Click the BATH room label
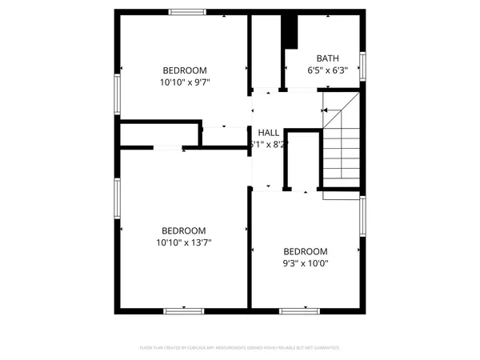[x=327, y=58]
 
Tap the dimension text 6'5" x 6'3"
[x=327, y=70]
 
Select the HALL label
[x=269, y=133]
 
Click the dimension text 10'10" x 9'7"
[x=185, y=81]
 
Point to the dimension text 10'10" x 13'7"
[x=184, y=242]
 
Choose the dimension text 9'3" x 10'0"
[x=306, y=262]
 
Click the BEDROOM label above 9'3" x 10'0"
[x=306, y=250]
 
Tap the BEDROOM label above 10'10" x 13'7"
[x=184, y=230]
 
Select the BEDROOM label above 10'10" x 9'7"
[x=185, y=69]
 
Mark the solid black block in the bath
[x=290, y=31]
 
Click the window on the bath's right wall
[x=362, y=66]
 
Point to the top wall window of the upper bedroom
[x=187, y=12]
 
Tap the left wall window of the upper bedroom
[x=118, y=94]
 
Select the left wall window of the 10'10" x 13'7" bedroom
[x=118, y=198]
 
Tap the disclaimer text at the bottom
[x=239, y=348]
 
